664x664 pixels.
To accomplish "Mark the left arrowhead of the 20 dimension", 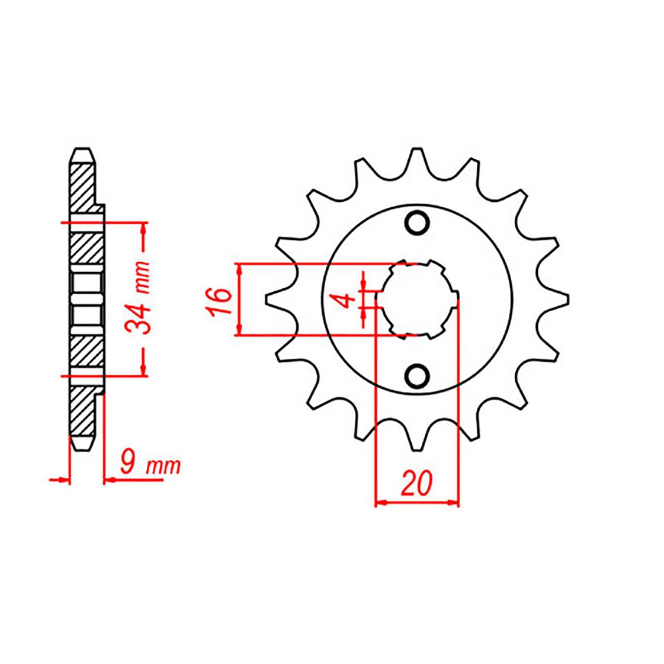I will click(x=379, y=503).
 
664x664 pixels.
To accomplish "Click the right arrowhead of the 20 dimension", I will click(x=455, y=503).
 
